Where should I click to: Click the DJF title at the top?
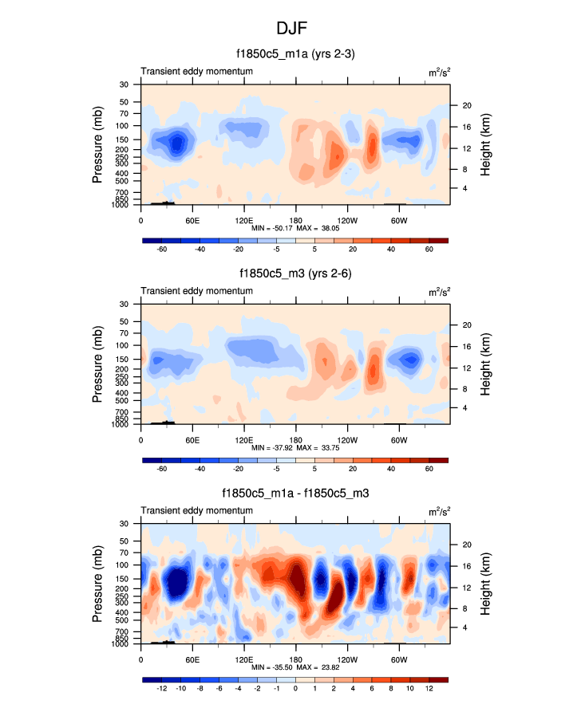pyautogui.click(x=292, y=28)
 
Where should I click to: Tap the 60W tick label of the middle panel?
pyautogui.click(x=399, y=439)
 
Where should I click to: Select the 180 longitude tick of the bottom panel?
pyautogui.click(x=295, y=659)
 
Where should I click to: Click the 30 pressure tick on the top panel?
pyautogui.click(x=124, y=85)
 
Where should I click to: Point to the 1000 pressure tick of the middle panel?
pyautogui.click(x=121, y=425)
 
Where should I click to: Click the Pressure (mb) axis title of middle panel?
pyautogui.click(x=98, y=364)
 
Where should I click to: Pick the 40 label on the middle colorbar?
pyautogui.click(x=391, y=470)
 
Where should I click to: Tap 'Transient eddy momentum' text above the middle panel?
pyautogui.click(x=197, y=291)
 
